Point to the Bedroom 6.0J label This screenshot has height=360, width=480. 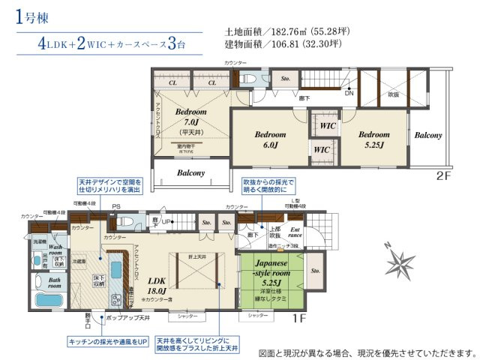[x=269, y=139]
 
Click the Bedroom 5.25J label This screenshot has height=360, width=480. [x=374, y=139]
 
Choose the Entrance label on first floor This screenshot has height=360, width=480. [x=295, y=232]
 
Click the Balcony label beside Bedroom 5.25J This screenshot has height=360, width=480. [x=428, y=136]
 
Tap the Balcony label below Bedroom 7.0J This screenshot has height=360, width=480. [x=191, y=173]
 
